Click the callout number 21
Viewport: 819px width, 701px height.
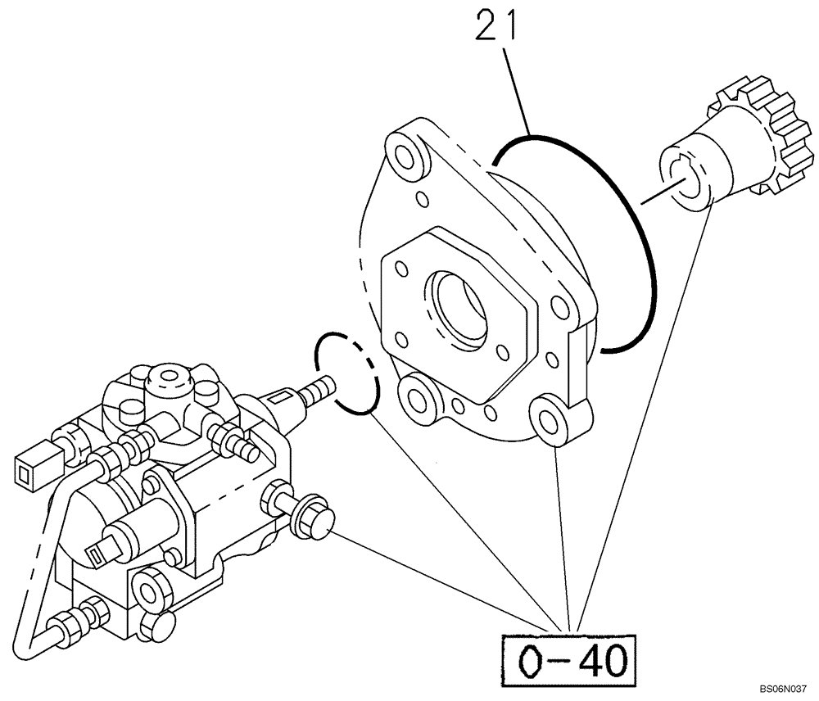coord(494,26)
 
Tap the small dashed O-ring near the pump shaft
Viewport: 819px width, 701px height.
coord(347,370)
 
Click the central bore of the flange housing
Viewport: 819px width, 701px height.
coord(462,304)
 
